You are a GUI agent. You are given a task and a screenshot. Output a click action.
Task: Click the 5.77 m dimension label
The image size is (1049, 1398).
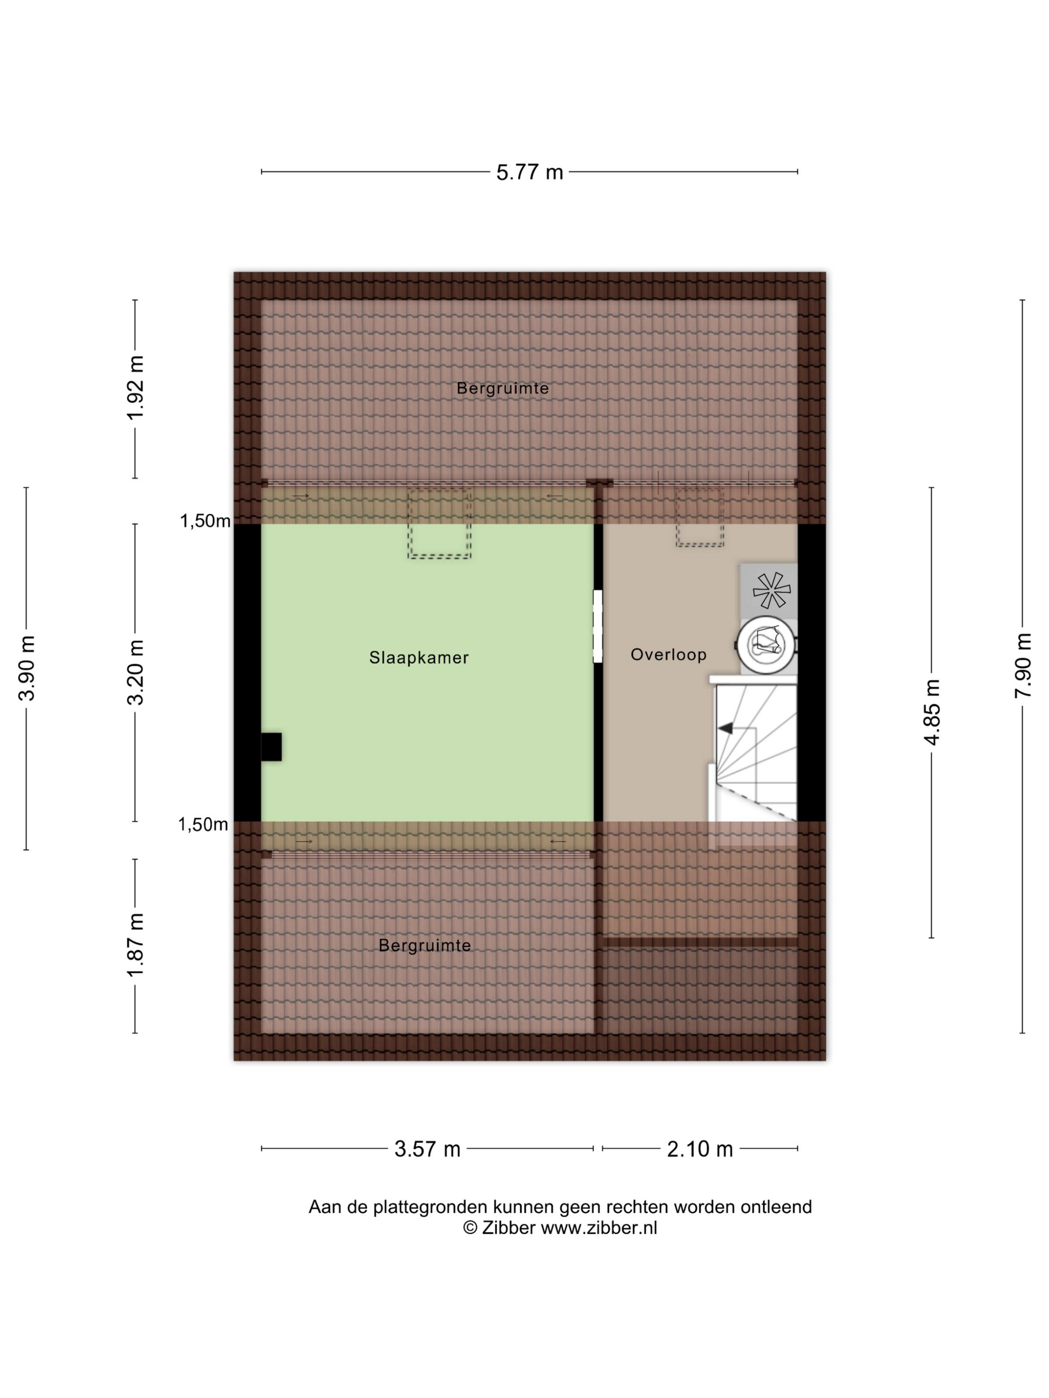pos(528,172)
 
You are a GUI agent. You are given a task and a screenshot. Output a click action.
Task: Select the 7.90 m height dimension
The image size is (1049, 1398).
pos(1023,666)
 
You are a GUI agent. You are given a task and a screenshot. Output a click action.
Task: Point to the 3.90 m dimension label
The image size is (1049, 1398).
pos(26,668)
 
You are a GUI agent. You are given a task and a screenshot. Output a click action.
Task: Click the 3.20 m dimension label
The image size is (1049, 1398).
pos(135,672)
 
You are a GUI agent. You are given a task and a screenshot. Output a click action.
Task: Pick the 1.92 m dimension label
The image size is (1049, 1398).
pos(135,387)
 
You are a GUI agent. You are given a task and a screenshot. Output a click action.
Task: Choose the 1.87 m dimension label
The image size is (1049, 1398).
pos(135,944)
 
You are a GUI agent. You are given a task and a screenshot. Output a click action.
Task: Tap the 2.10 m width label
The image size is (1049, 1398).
pos(699,1148)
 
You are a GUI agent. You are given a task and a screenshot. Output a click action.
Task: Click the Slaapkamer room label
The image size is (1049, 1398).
pos(419,657)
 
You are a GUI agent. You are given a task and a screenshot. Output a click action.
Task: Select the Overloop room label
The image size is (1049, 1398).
pos(668,654)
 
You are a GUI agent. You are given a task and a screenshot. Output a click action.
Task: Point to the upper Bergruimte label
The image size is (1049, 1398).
pos(503,388)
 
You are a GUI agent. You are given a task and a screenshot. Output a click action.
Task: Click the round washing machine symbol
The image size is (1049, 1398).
pos(766,645)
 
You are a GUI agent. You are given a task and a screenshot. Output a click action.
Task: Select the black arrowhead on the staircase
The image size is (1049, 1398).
pos(725,728)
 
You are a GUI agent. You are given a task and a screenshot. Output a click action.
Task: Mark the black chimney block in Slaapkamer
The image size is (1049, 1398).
pos(271,746)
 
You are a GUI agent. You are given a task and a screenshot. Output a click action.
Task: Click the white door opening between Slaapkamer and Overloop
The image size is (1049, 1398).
pos(597,626)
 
